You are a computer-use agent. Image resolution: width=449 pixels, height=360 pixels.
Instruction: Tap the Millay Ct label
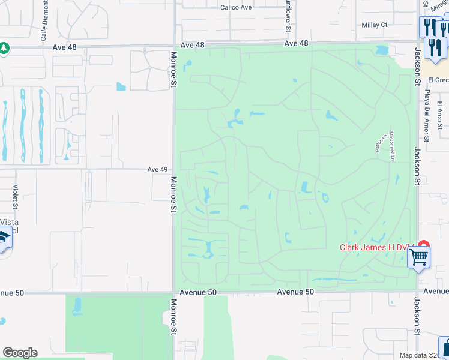pos(375,25)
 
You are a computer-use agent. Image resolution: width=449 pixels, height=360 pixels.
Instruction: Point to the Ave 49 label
pos(157,169)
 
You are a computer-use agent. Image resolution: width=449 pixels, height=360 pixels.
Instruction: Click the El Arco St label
pos(439,118)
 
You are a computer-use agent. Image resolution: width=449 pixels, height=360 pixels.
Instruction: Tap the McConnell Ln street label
pos(391,146)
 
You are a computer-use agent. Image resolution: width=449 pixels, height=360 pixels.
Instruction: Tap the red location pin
pos(424,246)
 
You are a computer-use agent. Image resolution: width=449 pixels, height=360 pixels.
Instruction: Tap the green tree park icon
pos(4,47)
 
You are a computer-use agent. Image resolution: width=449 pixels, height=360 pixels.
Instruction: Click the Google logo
pos(20,353)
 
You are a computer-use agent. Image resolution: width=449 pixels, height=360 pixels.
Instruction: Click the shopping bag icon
pos(445,347)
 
